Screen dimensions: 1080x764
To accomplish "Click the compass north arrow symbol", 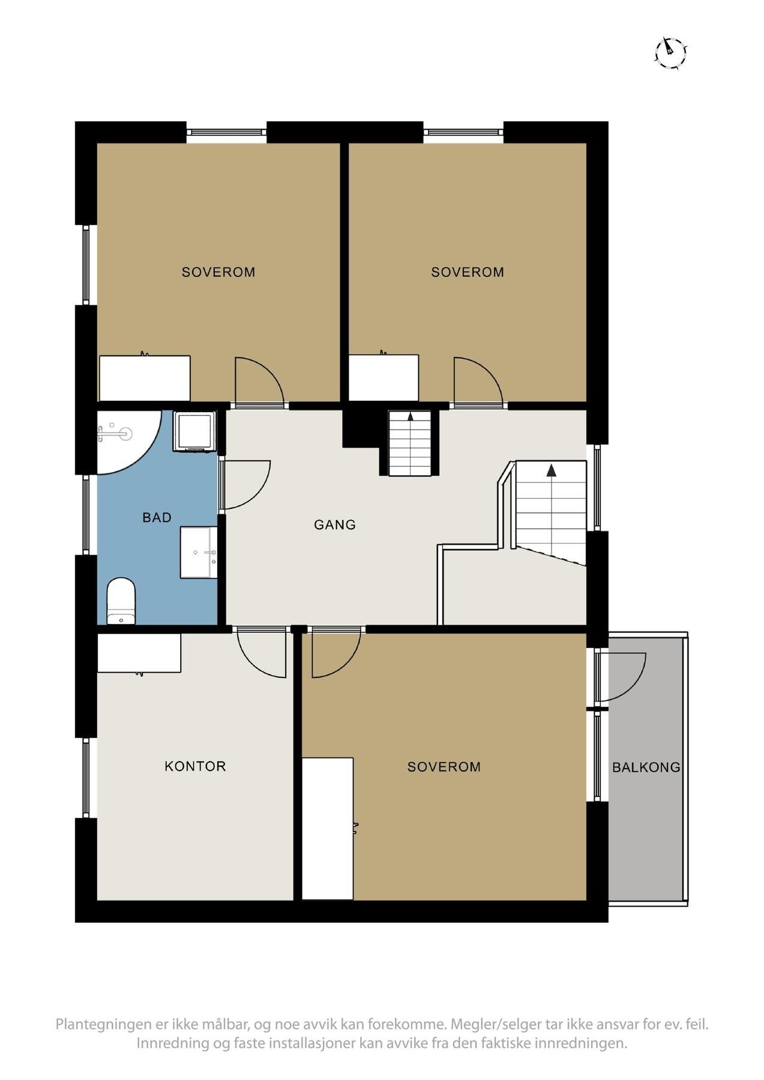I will [670, 53].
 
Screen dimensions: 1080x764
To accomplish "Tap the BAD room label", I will [157, 517].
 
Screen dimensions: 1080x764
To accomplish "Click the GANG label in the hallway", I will [335, 524].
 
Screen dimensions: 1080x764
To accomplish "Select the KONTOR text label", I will [195, 766].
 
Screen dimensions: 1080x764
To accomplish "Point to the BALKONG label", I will [646, 767].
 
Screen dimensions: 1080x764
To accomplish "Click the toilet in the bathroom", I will [121, 601].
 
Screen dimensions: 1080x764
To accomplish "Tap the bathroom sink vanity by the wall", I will [199, 553].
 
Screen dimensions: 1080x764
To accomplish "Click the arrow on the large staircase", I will [551, 470].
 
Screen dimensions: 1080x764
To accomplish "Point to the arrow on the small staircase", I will [411, 415].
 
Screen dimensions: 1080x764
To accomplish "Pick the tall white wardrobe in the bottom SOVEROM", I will [327, 828].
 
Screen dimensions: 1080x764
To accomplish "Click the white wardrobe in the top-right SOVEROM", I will [384, 377].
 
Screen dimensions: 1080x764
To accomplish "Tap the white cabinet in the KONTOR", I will [139, 653].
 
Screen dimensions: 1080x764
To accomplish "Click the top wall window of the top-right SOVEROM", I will [463, 132].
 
